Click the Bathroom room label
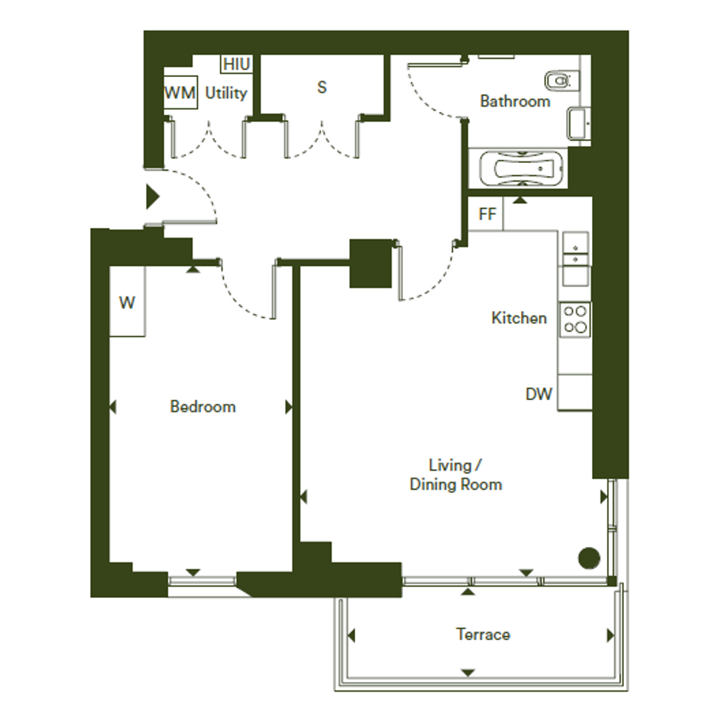515,101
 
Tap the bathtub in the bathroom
520,168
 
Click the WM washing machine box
181,92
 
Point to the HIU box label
236,64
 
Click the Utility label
226,93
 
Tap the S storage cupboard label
322,88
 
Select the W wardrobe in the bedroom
128,301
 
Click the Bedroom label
203,406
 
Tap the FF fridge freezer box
486,213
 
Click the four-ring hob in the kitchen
575,319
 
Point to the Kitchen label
519,318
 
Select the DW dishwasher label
539,394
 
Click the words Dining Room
456,485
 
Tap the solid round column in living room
589,558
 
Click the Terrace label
483,634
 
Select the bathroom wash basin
578,123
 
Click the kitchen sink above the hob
576,259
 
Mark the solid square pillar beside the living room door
370,264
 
